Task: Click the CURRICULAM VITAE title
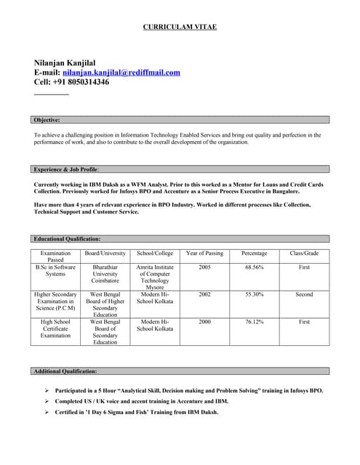coord(180,27)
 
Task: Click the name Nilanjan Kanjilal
coord(65,62)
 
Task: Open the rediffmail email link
coord(121,73)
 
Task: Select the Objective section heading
coord(47,120)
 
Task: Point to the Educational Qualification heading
coord(67,239)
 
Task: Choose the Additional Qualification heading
coord(65,371)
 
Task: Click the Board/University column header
coord(105,254)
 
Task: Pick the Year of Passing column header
coord(205,254)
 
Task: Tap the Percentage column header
coord(255,254)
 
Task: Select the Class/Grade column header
coord(304,254)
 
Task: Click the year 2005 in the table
coord(205,267)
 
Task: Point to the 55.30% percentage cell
coord(255,294)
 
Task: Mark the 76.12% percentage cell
coord(255,321)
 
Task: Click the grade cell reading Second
coord(304,294)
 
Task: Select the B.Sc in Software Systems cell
coord(56,271)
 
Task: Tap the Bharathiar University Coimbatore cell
coord(105,274)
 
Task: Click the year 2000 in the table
coord(205,321)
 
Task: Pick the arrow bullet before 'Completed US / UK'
coord(47,401)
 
